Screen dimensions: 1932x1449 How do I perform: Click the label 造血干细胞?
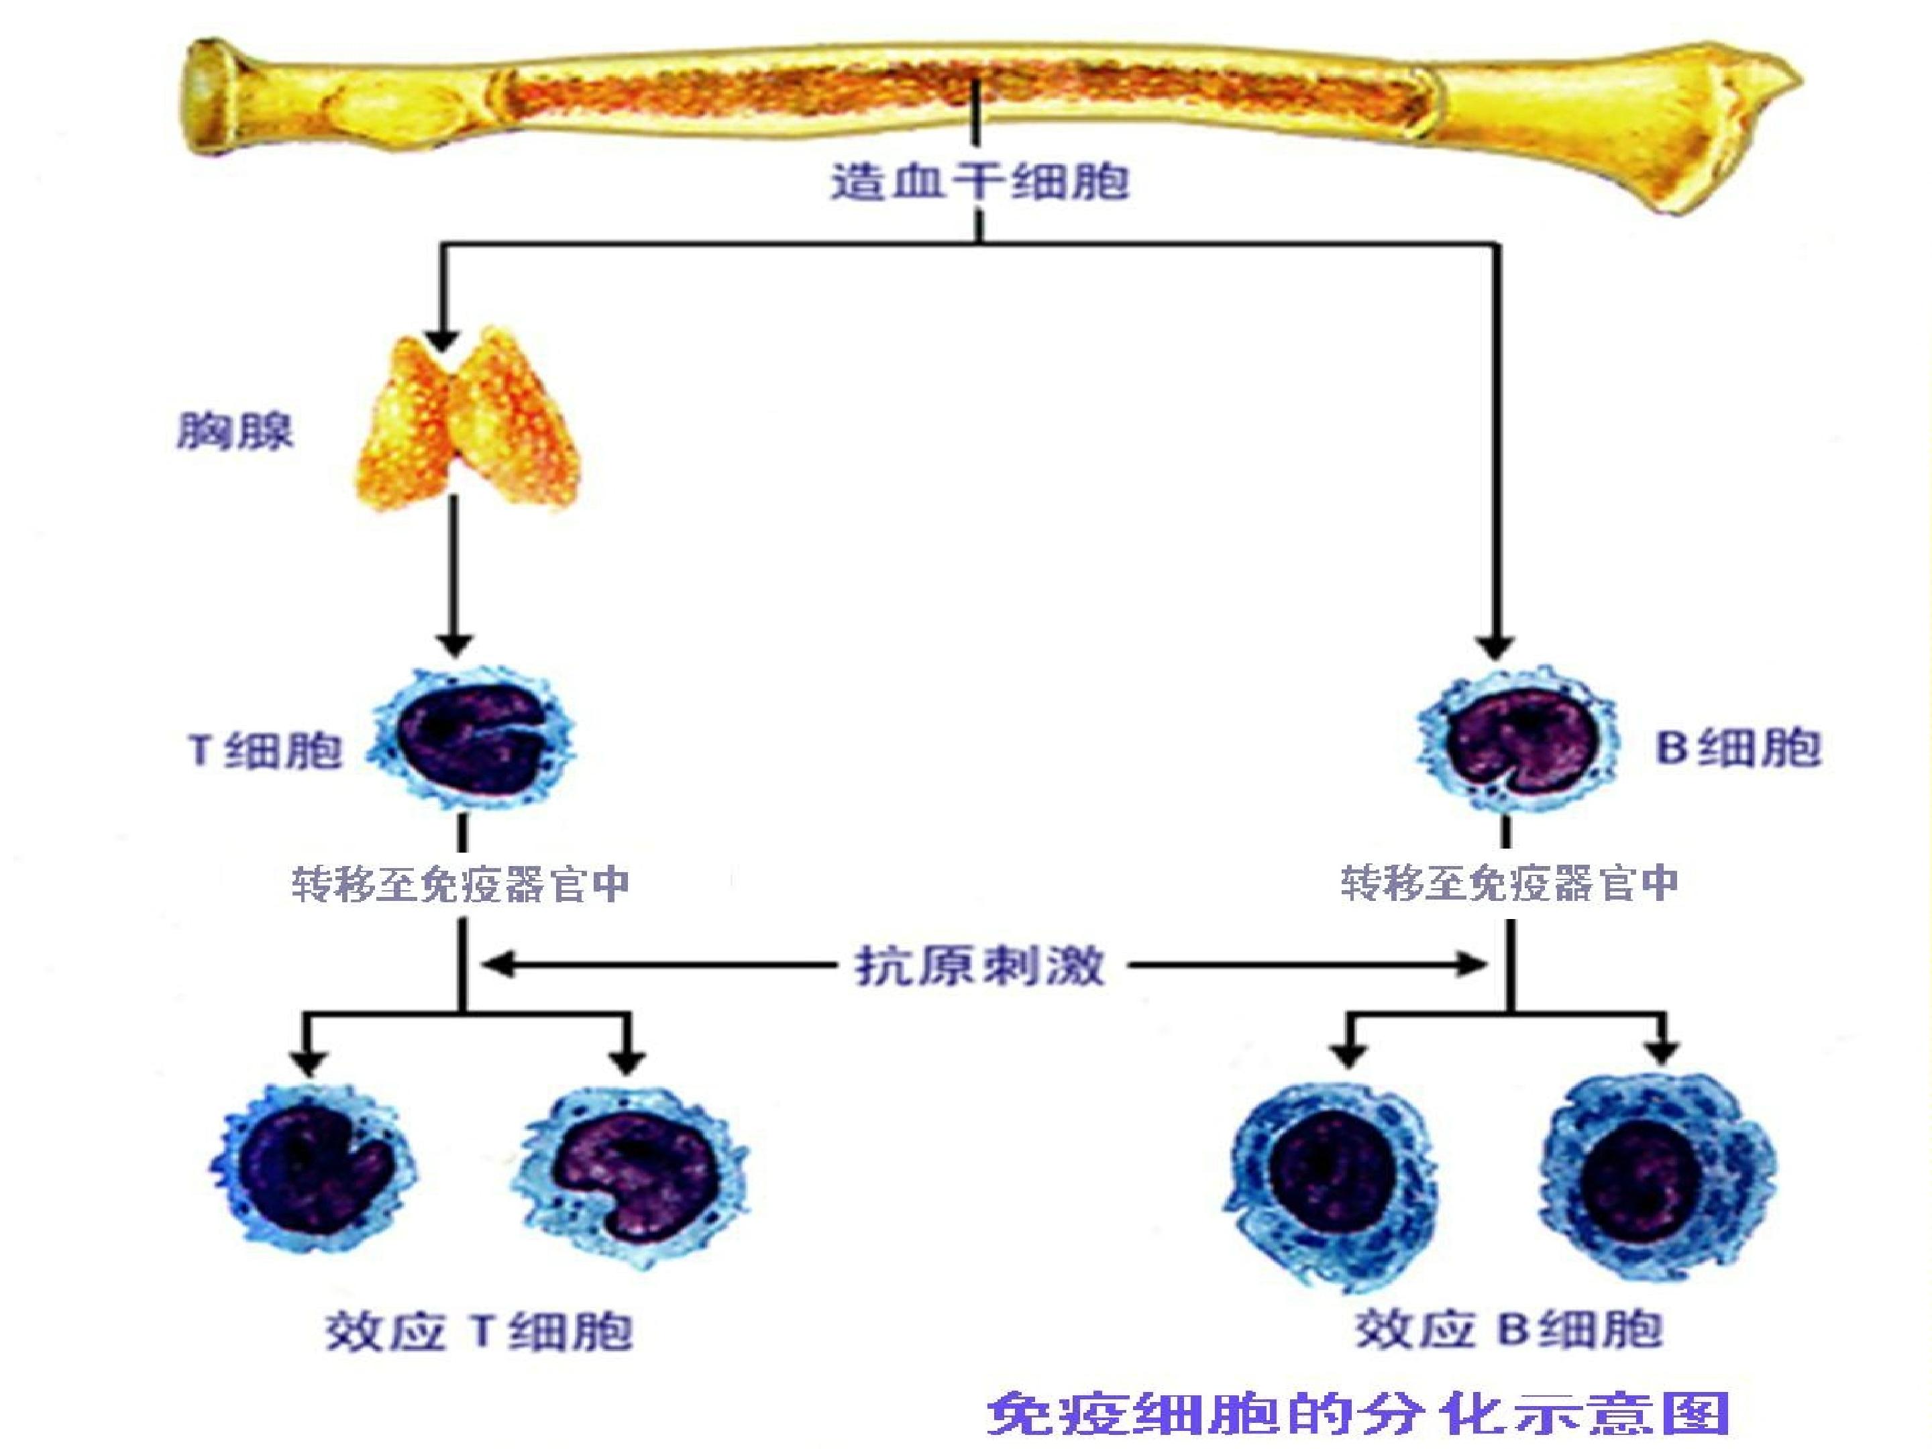coord(979,182)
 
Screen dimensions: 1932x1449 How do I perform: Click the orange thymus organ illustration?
coord(470,419)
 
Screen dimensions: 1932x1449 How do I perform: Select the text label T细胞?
coord(265,749)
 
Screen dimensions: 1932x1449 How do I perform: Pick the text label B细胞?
coord(1738,748)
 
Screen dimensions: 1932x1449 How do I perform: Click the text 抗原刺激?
coord(979,966)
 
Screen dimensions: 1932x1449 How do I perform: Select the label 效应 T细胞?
coord(478,1331)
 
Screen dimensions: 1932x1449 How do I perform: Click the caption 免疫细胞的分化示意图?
coord(1359,1412)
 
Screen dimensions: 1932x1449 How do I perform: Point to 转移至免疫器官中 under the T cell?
coord(460,884)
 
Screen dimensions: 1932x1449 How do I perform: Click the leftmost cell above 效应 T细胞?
coord(312,1165)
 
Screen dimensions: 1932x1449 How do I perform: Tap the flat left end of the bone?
coord(203,98)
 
